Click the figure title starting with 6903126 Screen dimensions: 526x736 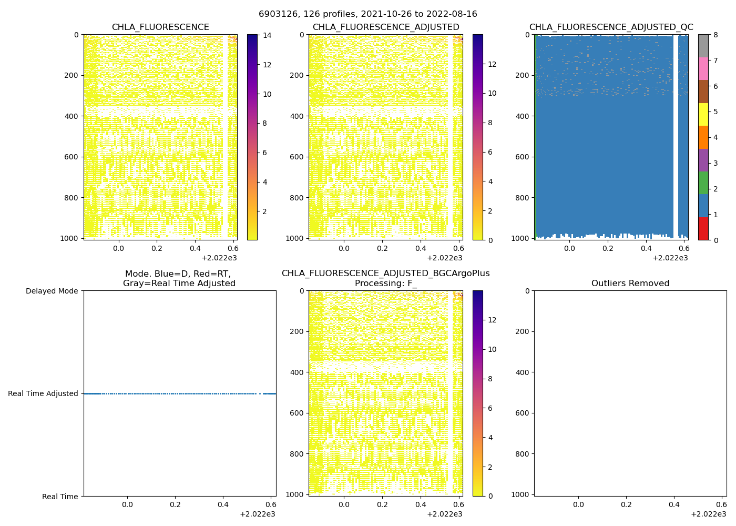(x=368, y=14)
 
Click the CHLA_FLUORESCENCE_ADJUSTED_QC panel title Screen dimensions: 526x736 (x=611, y=27)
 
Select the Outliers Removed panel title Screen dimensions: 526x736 (x=630, y=284)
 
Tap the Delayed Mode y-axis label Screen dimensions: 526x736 (x=52, y=291)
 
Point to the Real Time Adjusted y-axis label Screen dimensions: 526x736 (x=43, y=393)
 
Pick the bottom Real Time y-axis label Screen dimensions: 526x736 (x=60, y=497)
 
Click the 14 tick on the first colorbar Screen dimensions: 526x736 (x=267, y=35)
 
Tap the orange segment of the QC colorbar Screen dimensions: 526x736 (x=703, y=137)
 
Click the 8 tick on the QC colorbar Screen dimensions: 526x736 (x=715, y=35)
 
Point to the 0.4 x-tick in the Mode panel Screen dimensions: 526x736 (x=223, y=504)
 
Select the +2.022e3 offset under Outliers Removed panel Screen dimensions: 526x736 (x=708, y=514)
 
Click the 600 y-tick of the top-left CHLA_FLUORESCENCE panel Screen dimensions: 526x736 (x=71, y=157)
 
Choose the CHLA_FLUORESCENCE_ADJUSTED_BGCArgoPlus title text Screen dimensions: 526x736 (x=385, y=274)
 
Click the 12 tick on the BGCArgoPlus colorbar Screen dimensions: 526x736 (x=493, y=320)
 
